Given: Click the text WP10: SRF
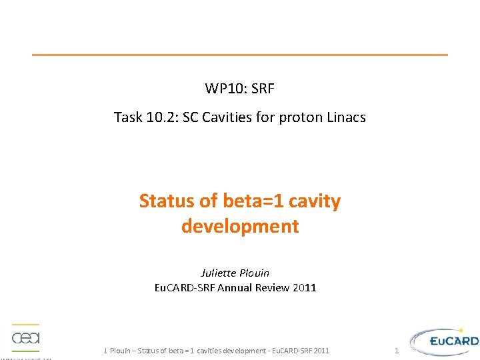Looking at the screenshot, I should coord(239,88).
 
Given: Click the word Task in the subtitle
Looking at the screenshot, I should coord(127,117).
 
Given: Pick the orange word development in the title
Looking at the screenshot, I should coord(240,226).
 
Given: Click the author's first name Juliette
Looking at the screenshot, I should coord(217,273).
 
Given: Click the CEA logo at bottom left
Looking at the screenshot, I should coord(26,339).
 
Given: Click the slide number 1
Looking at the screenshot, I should coord(396,351).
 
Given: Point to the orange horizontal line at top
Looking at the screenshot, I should coord(240,55).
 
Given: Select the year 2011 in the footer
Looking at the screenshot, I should coord(321,351).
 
